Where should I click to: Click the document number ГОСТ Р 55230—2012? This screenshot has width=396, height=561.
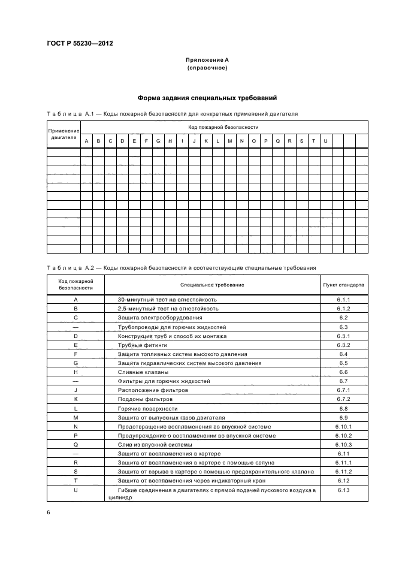(80, 44)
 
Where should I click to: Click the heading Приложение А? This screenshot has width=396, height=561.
(207, 60)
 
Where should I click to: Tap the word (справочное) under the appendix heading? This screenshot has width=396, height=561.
(207, 68)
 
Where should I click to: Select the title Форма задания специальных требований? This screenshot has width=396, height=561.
(207, 98)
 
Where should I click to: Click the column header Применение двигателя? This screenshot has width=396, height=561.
(64, 134)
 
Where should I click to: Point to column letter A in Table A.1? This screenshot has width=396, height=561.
(87, 141)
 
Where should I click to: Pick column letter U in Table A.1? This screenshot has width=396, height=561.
(325, 141)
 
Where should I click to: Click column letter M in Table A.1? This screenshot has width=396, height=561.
(229, 141)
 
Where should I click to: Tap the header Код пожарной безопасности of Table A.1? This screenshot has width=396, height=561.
(223, 127)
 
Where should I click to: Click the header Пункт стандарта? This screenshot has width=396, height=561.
(343, 285)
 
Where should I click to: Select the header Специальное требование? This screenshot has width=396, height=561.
(212, 285)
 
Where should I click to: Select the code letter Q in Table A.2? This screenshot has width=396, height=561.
(75, 445)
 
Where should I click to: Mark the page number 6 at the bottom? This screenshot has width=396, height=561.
(49, 513)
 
